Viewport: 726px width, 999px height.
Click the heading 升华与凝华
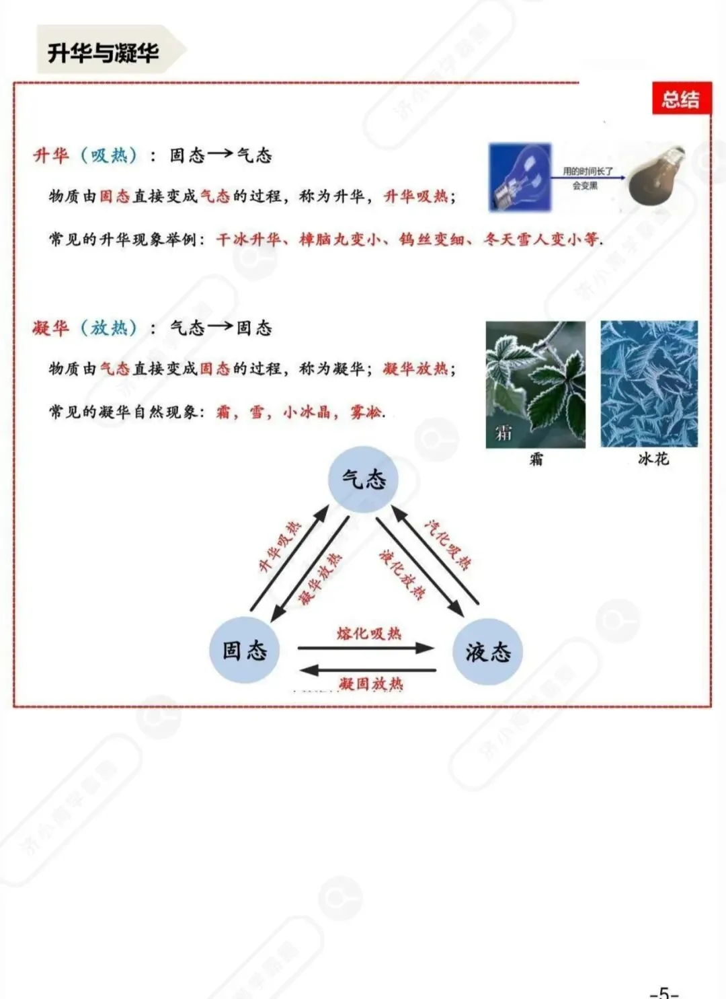(103, 52)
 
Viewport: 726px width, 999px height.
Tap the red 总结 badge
(680, 100)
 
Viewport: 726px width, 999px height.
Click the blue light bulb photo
(520, 177)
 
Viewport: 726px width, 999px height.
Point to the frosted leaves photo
(535, 383)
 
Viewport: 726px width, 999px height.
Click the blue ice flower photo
(649, 383)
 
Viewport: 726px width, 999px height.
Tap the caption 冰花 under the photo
(653, 459)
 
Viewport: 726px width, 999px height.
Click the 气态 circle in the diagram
(364, 479)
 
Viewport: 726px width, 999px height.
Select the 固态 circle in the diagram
(244, 651)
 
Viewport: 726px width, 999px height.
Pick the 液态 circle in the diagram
(488, 651)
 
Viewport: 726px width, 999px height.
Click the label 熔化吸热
(368, 633)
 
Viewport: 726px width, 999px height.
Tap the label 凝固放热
(370, 684)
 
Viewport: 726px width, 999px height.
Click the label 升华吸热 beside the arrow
(280, 546)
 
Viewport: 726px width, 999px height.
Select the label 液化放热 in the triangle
(402, 574)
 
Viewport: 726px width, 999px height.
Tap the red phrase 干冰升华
(248, 239)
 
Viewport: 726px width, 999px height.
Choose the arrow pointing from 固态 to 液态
(366, 649)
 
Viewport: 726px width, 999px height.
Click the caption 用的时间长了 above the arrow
(588, 172)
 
